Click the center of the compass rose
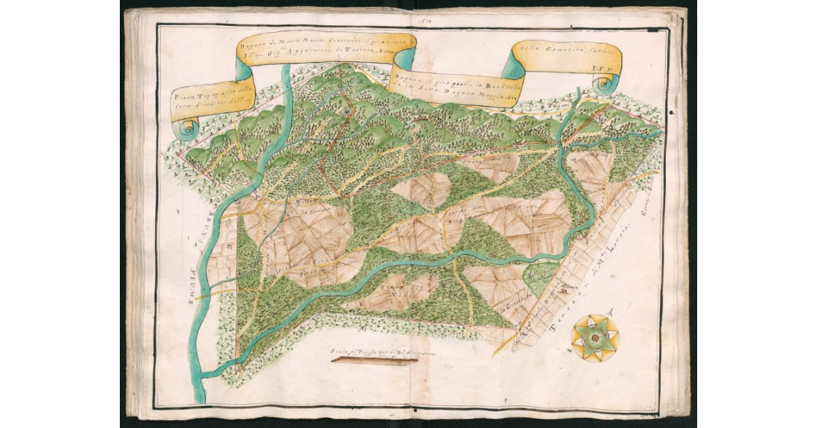click(594, 337)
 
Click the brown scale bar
click(374, 362)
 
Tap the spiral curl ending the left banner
click(187, 127)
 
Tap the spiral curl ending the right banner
click(604, 85)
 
